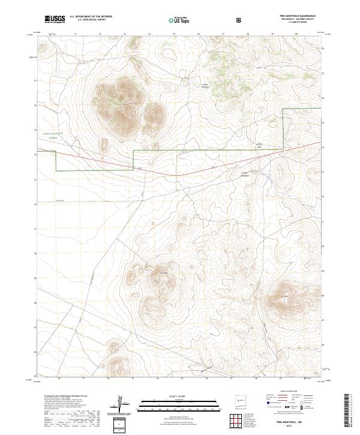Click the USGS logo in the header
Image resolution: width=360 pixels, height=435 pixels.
point(55,19)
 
